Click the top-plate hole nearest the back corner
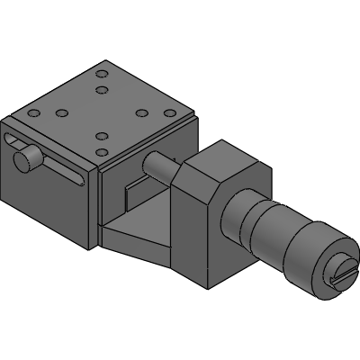coord(102,72)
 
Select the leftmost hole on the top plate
coord(34,113)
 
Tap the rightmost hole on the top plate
coord(168,113)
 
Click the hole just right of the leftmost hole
coord(62,113)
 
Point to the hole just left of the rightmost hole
coord(141,113)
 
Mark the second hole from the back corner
coord(102,91)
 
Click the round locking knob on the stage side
coord(28,159)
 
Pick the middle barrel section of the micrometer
coord(266,229)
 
